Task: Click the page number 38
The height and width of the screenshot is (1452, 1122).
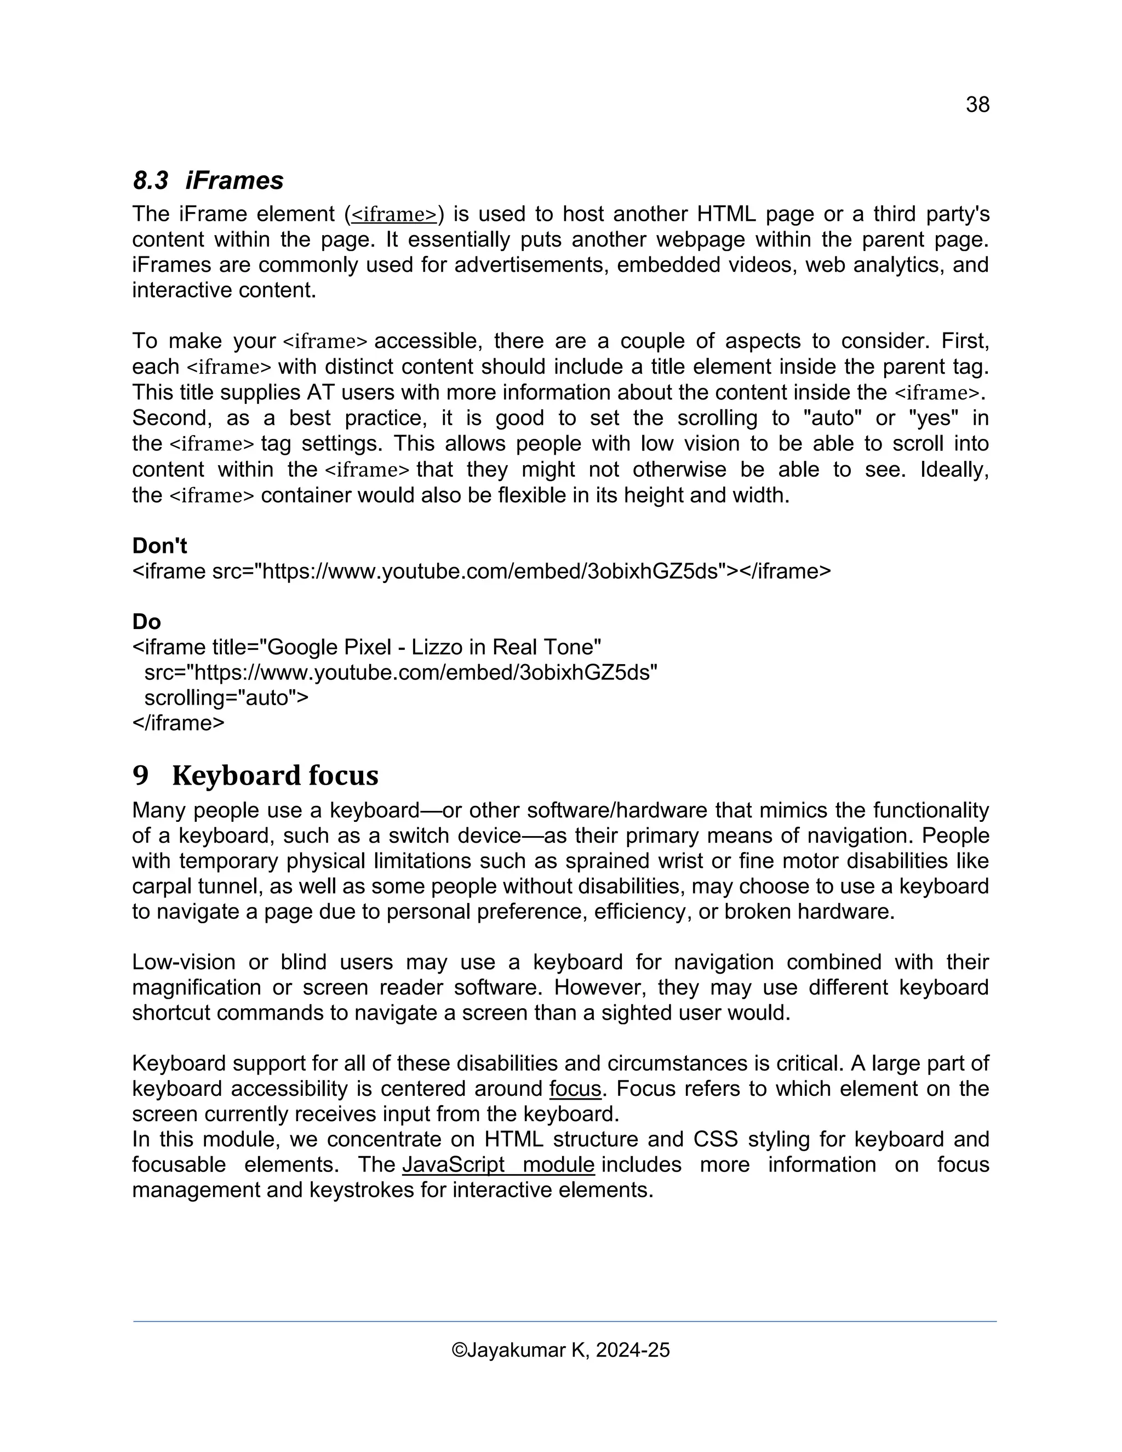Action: tap(977, 104)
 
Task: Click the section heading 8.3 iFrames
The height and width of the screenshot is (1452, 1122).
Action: tap(208, 180)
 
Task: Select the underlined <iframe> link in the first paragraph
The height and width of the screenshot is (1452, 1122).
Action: tap(394, 215)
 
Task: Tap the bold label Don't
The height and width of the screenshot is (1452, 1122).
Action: tap(159, 546)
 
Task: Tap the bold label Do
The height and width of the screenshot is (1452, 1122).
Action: tap(146, 622)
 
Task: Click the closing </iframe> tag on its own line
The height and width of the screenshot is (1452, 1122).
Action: tap(178, 723)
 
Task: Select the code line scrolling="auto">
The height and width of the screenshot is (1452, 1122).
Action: tap(226, 698)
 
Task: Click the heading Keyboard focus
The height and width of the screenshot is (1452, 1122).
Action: tap(274, 775)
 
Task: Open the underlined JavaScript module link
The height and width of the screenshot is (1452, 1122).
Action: tap(498, 1165)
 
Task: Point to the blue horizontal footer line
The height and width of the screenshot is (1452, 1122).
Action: tap(564, 1322)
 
